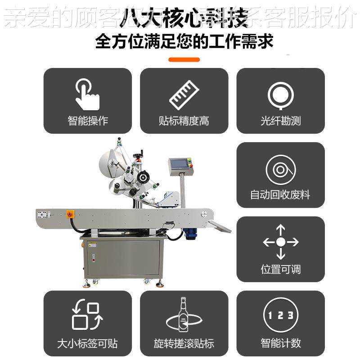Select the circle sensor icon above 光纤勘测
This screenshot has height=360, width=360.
tap(280, 95)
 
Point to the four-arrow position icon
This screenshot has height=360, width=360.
tap(280, 242)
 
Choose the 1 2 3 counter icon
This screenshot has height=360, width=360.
tap(280, 315)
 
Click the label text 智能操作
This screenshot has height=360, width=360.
tap(88, 121)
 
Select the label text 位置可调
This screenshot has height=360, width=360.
tap(280, 269)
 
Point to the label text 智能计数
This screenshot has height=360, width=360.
tap(280, 343)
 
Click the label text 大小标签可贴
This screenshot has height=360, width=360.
tap(87, 344)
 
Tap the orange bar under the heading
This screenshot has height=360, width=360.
tap(184, 59)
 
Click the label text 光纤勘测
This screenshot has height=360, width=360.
tap(280, 121)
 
